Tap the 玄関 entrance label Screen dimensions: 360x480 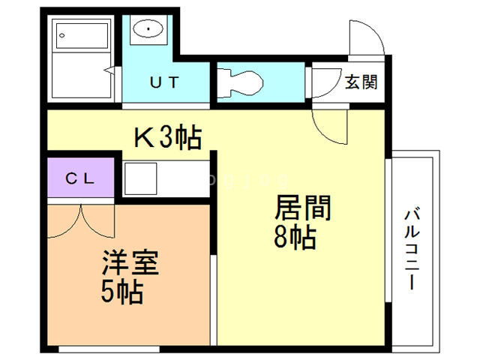(x=360, y=82)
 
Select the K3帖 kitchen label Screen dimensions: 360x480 (x=166, y=136)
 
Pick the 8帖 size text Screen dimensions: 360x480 (x=294, y=238)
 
